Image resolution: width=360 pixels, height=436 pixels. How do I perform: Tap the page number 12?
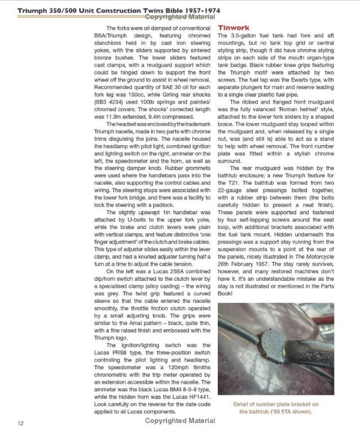[x=20, y=422]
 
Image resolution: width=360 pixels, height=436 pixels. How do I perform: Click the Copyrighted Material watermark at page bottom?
[x=179, y=421]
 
